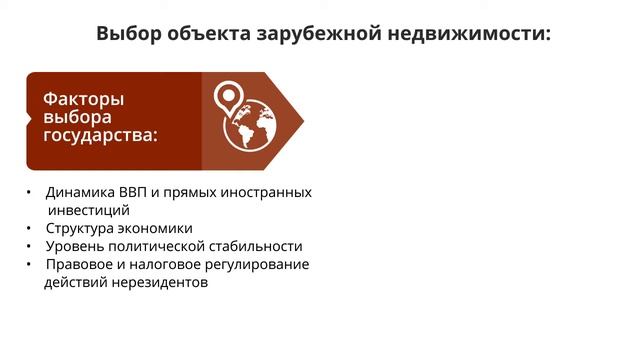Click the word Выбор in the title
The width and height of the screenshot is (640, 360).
131,34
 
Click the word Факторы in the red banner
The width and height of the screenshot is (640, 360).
83,99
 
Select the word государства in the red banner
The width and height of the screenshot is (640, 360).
99,136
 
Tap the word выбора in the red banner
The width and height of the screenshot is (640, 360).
78,118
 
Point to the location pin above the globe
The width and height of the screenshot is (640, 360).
229,96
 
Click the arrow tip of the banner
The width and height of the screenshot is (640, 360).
300,121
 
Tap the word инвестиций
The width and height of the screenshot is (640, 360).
89,210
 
